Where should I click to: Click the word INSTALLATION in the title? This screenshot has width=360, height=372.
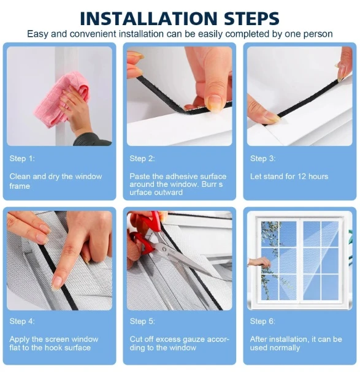pyautogui.click(x=148, y=18)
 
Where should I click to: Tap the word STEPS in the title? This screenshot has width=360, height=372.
pyautogui.click(x=251, y=18)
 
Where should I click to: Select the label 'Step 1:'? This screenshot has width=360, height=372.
pyautogui.click(x=22, y=159)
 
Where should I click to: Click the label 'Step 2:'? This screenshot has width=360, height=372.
pyautogui.click(x=142, y=159)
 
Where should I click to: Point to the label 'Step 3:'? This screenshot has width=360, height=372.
pyautogui.click(x=262, y=159)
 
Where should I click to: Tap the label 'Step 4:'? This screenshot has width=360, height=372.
pyautogui.click(x=22, y=321)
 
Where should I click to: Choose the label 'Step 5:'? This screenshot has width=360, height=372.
pyautogui.click(x=142, y=321)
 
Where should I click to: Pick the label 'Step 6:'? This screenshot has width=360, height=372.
pyautogui.click(x=262, y=321)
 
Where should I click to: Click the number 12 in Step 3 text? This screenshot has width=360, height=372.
pyautogui.click(x=302, y=177)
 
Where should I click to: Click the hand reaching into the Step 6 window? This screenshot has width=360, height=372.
pyautogui.click(x=259, y=263)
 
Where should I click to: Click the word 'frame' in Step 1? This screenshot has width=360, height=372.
pyautogui.click(x=20, y=186)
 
